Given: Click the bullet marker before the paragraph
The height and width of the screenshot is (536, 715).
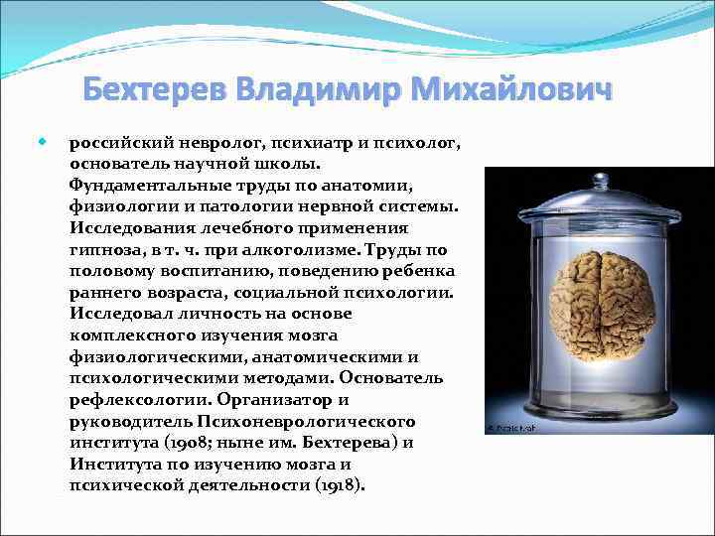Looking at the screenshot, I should point(43,142).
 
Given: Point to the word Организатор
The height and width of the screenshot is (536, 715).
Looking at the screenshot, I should point(286,399).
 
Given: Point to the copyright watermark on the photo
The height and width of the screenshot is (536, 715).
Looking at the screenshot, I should point(503,427).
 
